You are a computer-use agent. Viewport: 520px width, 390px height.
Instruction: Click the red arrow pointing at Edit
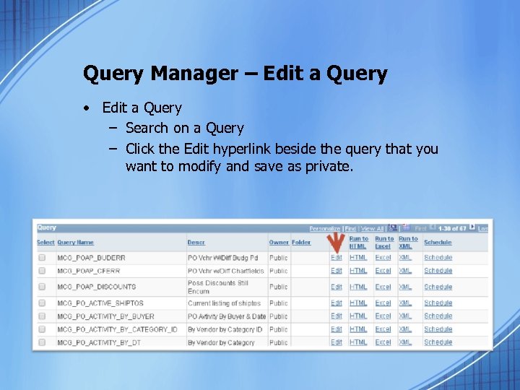(334, 243)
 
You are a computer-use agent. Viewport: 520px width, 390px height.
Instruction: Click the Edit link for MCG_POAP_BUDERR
(337, 257)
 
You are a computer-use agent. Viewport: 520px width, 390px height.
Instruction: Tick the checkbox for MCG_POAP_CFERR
(42, 271)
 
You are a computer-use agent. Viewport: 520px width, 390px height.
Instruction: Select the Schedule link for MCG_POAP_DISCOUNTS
(438, 287)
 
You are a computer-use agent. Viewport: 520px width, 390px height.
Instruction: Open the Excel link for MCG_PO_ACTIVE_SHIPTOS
(383, 303)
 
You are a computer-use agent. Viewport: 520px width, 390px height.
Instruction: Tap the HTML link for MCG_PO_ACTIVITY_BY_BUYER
(358, 316)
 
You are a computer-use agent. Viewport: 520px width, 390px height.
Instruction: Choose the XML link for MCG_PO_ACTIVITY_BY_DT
(405, 342)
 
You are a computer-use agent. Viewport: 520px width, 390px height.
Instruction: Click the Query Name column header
(75, 242)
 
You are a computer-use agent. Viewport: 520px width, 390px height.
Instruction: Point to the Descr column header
(196, 242)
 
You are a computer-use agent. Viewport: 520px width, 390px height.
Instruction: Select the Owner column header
(279, 242)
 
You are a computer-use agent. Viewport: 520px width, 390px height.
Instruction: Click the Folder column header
(301, 242)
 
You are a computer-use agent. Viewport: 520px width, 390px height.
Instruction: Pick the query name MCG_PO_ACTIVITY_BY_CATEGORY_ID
(117, 329)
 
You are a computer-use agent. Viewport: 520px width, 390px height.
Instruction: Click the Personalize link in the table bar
(325, 228)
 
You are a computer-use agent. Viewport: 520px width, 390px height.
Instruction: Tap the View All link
(373, 228)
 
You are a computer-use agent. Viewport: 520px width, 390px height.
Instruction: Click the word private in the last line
(329, 166)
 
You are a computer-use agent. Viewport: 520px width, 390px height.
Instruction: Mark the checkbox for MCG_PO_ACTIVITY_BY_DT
(42, 342)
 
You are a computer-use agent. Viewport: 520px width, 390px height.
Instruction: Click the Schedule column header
(438, 242)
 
